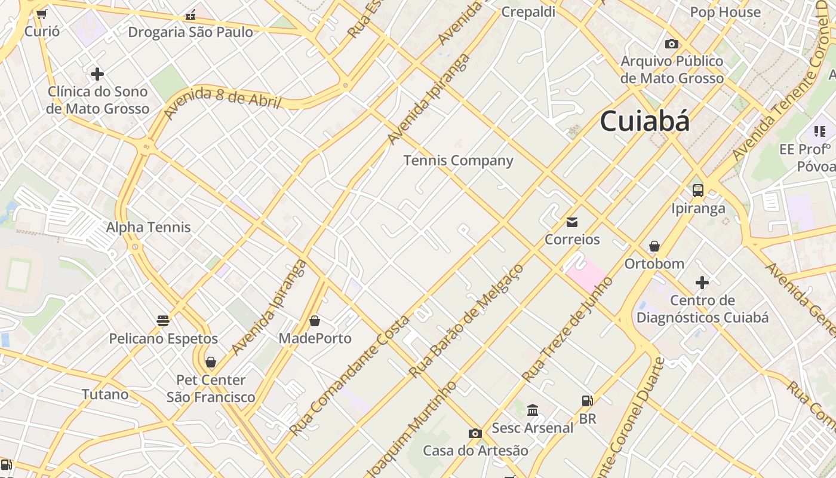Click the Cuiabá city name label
(644, 121)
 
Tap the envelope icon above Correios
(572, 222)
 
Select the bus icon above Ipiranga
(697, 191)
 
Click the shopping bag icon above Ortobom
(654, 246)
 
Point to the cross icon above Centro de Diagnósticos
(702, 282)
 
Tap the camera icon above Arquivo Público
(672, 44)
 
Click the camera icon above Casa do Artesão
(475, 433)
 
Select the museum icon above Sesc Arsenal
(533, 410)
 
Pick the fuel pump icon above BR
(588, 401)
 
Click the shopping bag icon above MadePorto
(315, 321)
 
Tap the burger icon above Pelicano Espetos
(163, 321)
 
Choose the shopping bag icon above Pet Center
(210, 362)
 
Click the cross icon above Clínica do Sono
(97, 74)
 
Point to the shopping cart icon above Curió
(41, 14)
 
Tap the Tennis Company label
(458, 160)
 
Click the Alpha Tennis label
(148, 227)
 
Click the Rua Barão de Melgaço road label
(466, 321)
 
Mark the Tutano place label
(105, 394)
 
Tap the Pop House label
(725, 12)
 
